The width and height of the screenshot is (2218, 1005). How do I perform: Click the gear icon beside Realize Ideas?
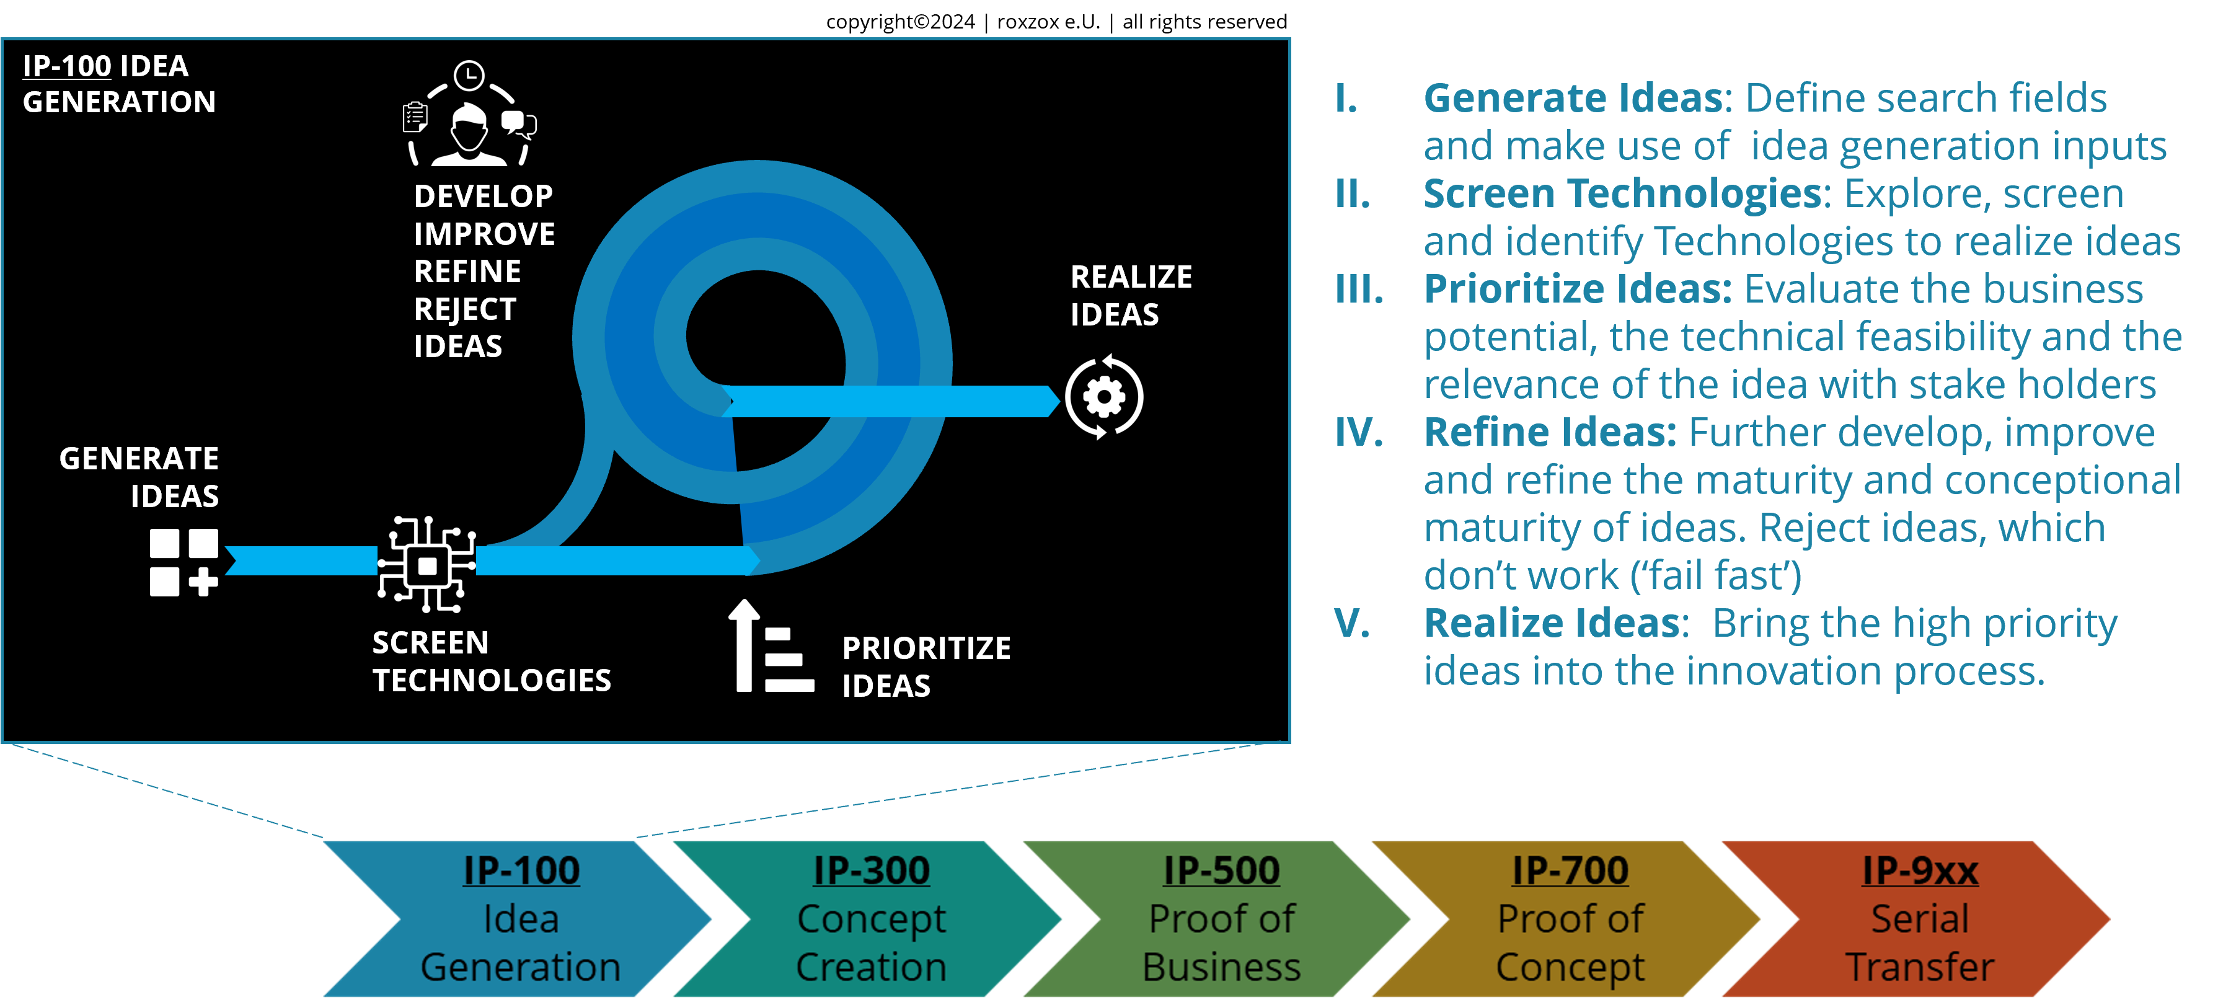tap(1104, 397)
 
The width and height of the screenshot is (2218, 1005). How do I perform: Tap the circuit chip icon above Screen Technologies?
tap(427, 565)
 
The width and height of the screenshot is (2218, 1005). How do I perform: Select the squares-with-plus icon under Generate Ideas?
tap(183, 562)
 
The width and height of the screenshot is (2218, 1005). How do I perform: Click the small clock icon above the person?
tap(469, 76)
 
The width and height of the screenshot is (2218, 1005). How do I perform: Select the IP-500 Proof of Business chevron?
tap(1221, 918)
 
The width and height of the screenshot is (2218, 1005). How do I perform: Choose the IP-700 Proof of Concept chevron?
tap(1570, 918)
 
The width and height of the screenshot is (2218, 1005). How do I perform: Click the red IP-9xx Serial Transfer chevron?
tap(1919, 918)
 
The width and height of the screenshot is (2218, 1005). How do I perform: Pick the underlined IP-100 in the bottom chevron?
tap(521, 870)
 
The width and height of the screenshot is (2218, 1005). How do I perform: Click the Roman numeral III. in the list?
tap(1359, 290)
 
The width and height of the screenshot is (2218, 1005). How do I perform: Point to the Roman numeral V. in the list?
tap(1352, 622)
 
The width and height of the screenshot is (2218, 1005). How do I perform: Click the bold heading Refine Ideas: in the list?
tap(1550, 432)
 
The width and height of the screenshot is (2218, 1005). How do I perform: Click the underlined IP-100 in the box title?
tap(67, 66)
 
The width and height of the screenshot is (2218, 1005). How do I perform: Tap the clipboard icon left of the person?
tap(415, 117)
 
